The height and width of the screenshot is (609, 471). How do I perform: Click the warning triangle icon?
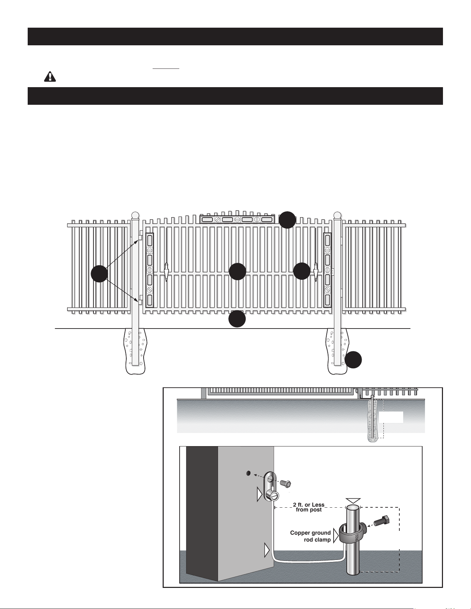50,76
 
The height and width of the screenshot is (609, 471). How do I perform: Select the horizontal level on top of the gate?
237,219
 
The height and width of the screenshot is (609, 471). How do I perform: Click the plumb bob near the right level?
315,272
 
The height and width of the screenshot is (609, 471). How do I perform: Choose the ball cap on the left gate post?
135,216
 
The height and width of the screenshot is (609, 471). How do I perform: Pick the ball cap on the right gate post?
337,216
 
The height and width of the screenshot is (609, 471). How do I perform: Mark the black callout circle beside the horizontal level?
288,220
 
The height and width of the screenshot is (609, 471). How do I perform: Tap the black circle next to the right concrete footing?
353,360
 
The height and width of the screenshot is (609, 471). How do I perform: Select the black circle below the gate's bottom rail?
237,319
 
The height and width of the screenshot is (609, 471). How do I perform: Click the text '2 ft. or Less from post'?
309,507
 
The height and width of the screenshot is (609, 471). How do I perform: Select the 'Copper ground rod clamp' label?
310,536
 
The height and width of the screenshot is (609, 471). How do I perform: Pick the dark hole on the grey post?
248,473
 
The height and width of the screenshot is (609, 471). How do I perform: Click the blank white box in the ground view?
391,417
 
